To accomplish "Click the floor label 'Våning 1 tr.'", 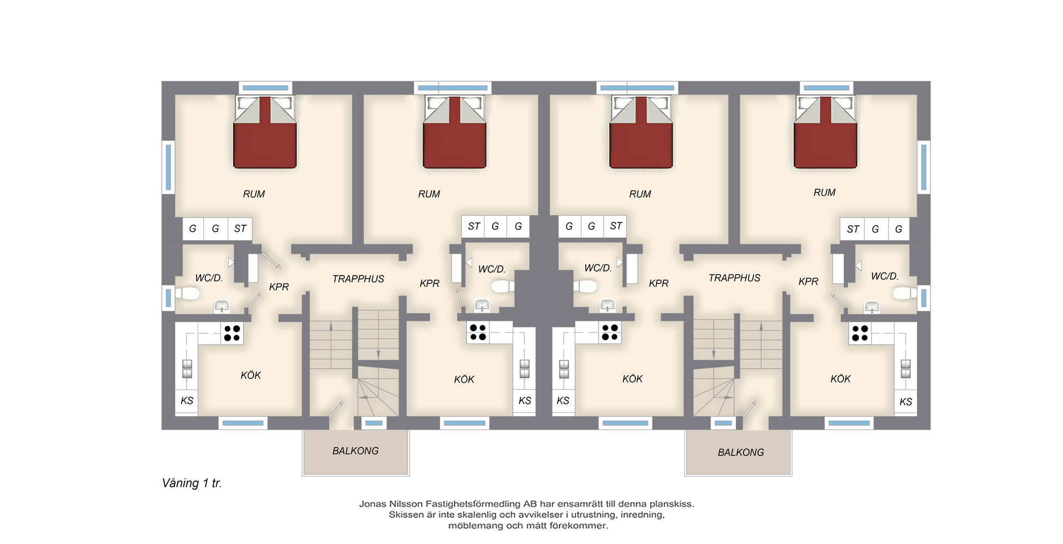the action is coord(192,483).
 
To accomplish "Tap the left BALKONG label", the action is coord(355,451).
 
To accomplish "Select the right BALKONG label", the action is coord(741,453).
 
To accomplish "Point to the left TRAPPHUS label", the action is coord(358,279).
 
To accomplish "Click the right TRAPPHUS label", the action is coord(735,278).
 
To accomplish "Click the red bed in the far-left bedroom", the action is coord(265,132).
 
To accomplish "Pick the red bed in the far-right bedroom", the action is coord(825,132).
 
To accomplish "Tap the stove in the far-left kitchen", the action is coord(232,333).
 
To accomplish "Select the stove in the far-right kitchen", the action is coord(860,333).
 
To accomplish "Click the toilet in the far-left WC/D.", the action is coord(188,293).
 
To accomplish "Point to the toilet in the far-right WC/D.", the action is coord(905,293).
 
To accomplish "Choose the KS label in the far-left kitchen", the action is coord(187,401).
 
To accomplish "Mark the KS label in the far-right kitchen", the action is coord(906,402).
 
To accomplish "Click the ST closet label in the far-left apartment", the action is coord(240,229).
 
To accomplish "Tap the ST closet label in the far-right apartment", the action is coord(853,229).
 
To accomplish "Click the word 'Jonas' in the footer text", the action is coord(372,504).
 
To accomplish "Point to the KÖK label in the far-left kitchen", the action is coord(251,375).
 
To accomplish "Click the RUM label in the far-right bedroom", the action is coord(824,193).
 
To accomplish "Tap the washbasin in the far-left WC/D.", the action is coord(222,306).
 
